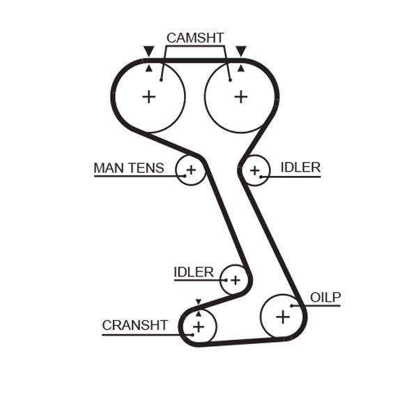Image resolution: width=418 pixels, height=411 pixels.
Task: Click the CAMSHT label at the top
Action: coord(194,38)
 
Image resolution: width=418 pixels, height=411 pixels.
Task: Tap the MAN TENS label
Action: coord(129,168)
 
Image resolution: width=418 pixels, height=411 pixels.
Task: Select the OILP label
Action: coord(325,298)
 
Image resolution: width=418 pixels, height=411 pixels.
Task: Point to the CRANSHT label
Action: coord(134,325)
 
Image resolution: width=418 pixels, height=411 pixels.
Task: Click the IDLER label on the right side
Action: coord(300,167)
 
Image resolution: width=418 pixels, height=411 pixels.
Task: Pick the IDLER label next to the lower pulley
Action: coord(194,272)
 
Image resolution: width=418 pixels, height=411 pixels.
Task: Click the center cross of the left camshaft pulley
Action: coord(148,96)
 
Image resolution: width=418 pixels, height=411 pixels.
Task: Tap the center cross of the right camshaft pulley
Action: coord(240,96)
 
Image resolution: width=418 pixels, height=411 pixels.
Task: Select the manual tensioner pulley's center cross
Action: coord(190,170)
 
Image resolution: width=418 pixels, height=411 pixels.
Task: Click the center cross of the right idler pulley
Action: coord(255,170)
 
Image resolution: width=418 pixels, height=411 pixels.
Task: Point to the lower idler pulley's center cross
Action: coord(235,280)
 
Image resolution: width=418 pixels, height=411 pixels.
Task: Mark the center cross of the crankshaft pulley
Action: coord(199,327)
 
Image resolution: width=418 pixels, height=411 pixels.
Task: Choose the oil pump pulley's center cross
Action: coord(282,317)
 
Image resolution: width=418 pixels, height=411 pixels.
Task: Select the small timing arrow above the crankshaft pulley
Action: coord(198,302)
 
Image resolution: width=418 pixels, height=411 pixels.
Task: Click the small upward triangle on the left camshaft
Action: coord(148,68)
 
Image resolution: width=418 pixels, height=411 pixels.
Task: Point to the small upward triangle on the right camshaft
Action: coord(241,68)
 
